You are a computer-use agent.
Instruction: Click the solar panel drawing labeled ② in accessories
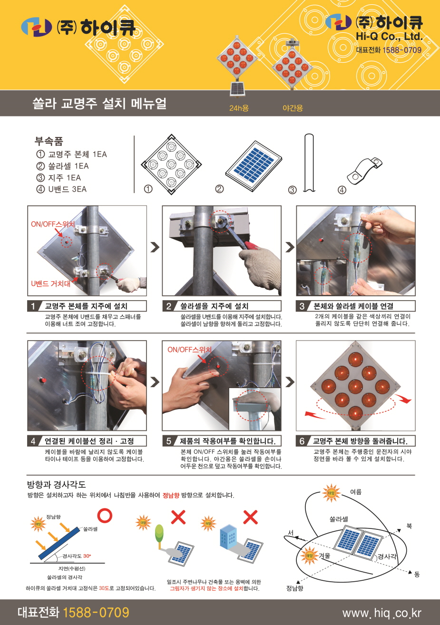point(254,166)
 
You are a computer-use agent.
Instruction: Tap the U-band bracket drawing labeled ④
point(364,171)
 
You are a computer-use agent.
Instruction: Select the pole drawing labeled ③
point(309,163)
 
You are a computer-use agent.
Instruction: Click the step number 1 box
point(33,306)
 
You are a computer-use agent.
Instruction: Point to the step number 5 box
point(168,441)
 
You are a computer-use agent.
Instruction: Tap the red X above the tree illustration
point(178,517)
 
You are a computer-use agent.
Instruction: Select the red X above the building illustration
point(251,517)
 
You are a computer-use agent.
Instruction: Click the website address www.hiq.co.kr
point(382,613)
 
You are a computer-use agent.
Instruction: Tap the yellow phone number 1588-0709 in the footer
point(96,612)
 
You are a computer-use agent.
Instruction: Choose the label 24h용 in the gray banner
point(239,108)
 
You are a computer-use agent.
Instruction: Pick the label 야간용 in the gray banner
point(293,108)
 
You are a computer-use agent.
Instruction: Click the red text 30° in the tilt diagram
point(87,556)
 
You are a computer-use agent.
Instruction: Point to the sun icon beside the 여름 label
point(331,493)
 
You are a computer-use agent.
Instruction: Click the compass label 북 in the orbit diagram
point(409,526)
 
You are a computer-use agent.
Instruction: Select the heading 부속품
point(49,141)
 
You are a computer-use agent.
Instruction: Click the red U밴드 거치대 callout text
point(51,284)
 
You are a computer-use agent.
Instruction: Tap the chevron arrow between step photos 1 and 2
point(155,247)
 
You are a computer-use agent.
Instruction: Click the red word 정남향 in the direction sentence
point(171,495)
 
